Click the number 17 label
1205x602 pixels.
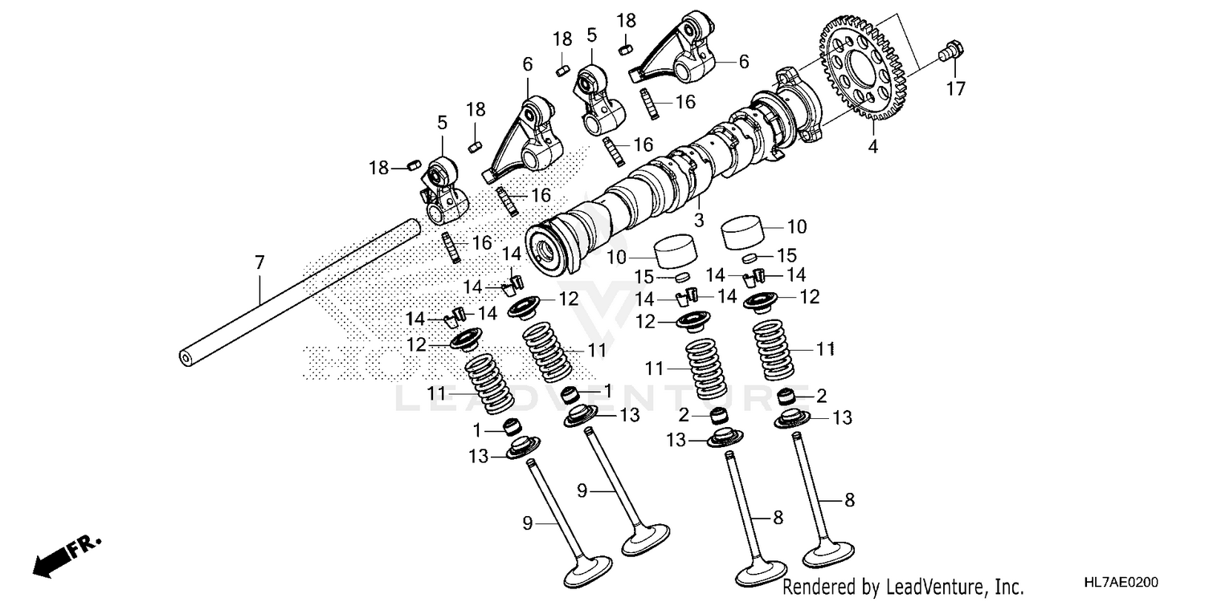coord(954,88)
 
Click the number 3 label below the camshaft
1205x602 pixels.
coord(699,219)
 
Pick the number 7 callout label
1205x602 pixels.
coord(259,262)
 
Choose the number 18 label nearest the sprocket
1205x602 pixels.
coord(627,20)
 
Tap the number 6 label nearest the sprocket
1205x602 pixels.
coord(743,60)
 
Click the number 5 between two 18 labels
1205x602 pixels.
coord(591,35)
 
